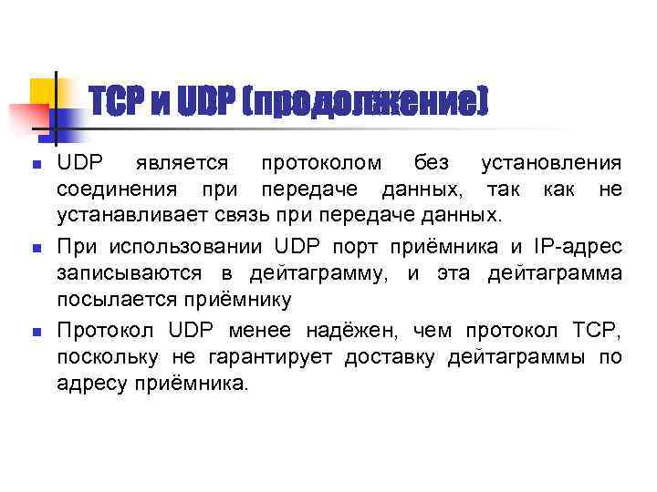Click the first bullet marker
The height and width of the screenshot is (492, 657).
36,166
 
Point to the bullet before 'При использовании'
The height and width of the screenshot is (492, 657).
36,248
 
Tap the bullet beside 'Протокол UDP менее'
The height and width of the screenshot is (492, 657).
36,330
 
